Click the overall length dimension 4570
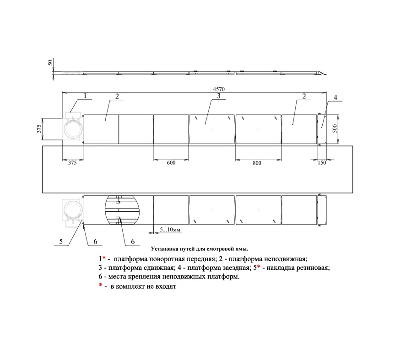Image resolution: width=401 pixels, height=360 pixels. (x=219, y=89)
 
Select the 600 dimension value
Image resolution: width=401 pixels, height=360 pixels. (x=171, y=163)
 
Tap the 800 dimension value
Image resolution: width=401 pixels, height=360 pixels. (x=257, y=163)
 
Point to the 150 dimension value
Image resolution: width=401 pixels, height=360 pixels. (x=322, y=162)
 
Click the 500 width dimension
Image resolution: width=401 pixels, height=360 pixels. (x=335, y=129)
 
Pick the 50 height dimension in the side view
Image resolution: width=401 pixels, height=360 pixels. (x=50, y=62)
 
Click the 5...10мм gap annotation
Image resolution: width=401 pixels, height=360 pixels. (x=170, y=230)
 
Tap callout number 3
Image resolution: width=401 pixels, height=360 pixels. (x=219, y=96)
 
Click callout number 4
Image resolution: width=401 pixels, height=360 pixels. (x=336, y=97)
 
